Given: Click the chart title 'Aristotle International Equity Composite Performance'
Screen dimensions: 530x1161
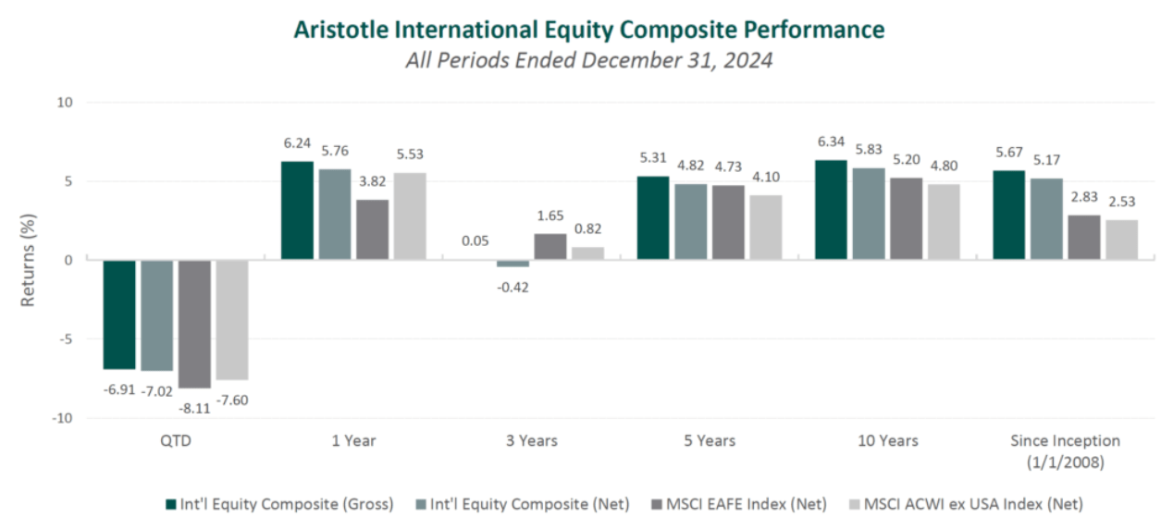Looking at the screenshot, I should coord(588,30).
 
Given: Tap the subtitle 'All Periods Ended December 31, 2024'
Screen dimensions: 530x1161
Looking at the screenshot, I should coord(588,62).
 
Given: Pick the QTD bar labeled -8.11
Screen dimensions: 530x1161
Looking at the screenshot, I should coord(194,324).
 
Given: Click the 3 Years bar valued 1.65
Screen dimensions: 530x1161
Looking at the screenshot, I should coord(550,247).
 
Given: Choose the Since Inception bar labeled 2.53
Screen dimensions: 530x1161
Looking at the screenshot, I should coord(1120,240).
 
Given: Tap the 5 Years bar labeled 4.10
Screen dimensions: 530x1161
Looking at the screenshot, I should coord(764,228).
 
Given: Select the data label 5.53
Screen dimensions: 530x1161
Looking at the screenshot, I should coord(410,154).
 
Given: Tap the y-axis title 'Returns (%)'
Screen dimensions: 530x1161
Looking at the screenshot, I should coord(28,261).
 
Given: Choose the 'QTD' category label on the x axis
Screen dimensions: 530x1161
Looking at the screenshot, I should coord(175,440).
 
